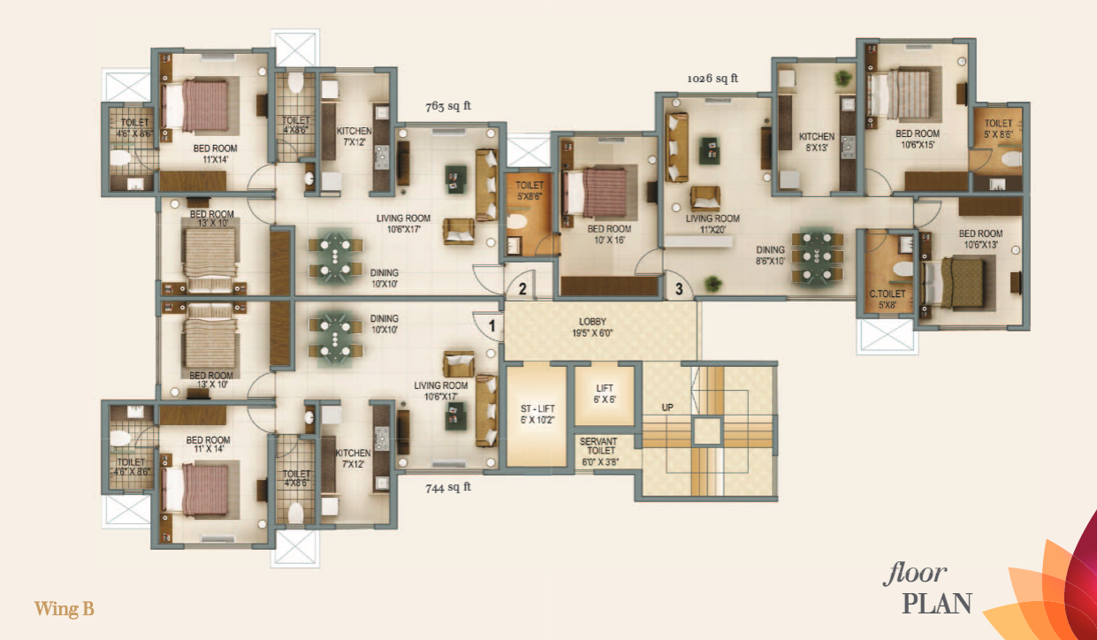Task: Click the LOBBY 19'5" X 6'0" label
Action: (592, 328)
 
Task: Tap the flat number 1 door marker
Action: (491, 325)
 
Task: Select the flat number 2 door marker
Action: (522, 289)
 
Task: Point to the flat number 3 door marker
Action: (679, 289)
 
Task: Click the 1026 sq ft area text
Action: (712, 79)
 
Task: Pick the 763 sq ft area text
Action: (448, 106)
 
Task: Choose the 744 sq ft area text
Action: (448, 487)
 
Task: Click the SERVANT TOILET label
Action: (600, 451)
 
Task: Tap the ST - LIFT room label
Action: (537, 415)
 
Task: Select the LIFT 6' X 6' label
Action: (605, 394)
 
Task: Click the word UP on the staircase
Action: (667, 408)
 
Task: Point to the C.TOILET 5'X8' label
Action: (888, 299)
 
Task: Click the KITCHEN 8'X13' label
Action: (817, 142)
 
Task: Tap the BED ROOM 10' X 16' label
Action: (609, 234)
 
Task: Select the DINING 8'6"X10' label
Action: (770, 255)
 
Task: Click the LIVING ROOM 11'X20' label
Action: (712, 224)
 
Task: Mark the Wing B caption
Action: (65, 609)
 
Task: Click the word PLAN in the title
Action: (937, 604)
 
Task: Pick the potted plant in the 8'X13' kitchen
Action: (842, 79)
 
